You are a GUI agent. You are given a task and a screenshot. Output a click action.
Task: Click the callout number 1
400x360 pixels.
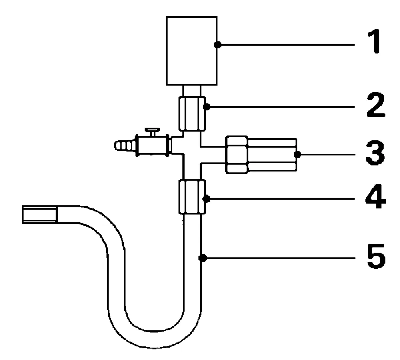pyautogui.click(x=374, y=41)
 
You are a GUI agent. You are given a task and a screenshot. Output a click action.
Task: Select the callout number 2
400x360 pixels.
pyautogui.click(x=376, y=105)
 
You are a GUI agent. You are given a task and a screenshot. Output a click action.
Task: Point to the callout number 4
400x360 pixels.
pyautogui.click(x=376, y=196)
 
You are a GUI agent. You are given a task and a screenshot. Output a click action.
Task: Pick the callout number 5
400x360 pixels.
pyautogui.click(x=376, y=256)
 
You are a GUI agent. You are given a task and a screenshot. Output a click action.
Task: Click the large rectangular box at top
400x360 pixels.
pyautogui.click(x=192, y=51)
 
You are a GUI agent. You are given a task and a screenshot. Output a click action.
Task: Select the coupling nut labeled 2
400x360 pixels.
pyautogui.click(x=192, y=114)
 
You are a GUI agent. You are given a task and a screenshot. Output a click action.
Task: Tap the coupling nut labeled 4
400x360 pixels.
pyautogui.click(x=192, y=197)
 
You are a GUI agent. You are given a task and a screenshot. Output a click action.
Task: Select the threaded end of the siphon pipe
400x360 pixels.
pyautogui.click(x=40, y=214)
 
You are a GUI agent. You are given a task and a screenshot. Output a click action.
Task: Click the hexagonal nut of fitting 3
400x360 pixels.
pyautogui.click(x=237, y=155)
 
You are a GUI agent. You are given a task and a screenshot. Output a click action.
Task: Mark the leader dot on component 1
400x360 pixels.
pyautogui.click(x=218, y=45)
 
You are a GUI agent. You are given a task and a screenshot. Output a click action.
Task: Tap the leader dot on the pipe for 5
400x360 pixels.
pyautogui.click(x=202, y=258)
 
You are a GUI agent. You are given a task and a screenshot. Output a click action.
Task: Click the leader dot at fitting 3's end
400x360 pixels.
pyautogui.click(x=298, y=154)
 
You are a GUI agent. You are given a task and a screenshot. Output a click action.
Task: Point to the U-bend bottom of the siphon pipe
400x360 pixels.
pyautogui.click(x=154, y=340)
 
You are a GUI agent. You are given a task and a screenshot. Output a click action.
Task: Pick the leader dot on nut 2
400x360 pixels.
pyautogui.click(x=206, y=107)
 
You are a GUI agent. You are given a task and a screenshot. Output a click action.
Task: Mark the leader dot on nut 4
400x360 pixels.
pyautogui.click(x=206, y=199)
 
